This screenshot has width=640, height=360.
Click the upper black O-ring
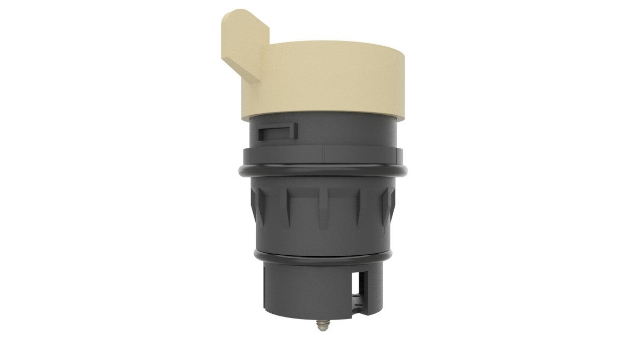(322, 172)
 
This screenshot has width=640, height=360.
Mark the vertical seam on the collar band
(324, 154)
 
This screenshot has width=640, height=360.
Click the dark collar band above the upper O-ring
(290, 154)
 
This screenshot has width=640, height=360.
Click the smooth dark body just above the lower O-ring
(322, 236)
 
